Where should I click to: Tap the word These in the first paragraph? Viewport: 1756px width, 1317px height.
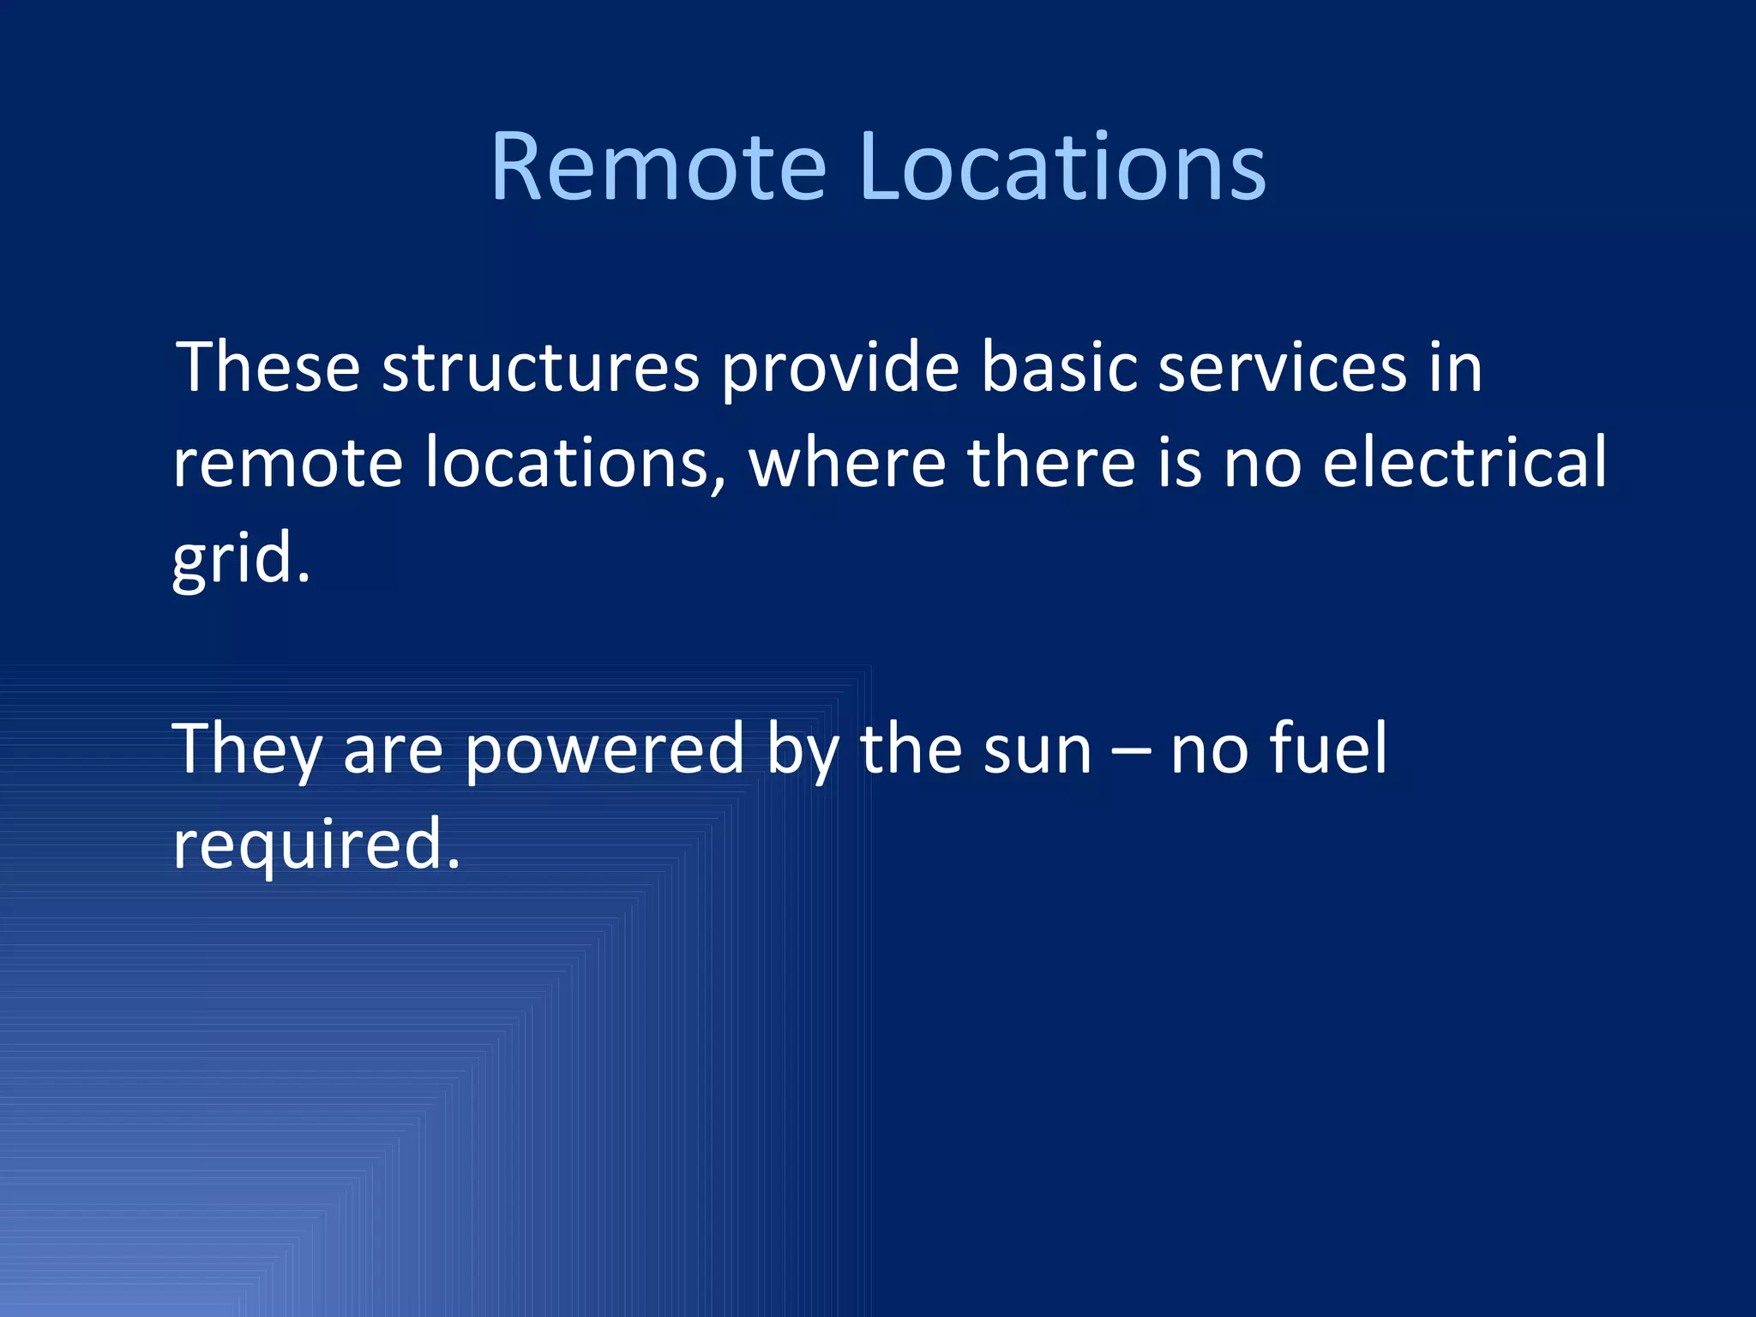point(268,368)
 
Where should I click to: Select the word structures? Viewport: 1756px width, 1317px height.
point(540,368)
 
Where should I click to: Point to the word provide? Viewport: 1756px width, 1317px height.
point(839,368)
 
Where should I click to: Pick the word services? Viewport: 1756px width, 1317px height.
point(1282,368)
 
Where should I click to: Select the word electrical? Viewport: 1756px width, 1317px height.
point(1464,463)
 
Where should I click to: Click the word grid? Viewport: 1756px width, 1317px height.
point(233,559)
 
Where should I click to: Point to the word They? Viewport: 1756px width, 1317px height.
point(247,749)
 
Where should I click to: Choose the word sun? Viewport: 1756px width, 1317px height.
point(1037,749)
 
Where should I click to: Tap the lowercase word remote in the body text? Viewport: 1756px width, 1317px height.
point(287,463)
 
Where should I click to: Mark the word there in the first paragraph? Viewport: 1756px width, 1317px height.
point(1051,463)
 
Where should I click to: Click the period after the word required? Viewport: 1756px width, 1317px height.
point(454,864)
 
